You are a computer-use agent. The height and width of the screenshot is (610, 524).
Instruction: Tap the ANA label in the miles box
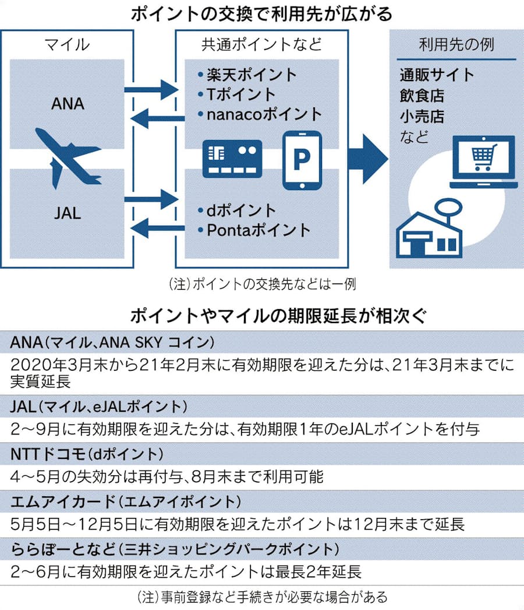(x=68, y=104)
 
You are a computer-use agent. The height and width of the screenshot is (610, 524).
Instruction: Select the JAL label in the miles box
(x=67, y=212)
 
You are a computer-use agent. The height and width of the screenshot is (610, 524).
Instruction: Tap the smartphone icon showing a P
(x=302, y=160)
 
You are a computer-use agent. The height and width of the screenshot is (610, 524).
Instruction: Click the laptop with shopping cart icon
(x=483, y=161)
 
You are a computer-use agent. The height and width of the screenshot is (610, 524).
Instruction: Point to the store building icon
(x=429, y=230)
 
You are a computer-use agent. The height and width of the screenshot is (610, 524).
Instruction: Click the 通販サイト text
(x=437, y=75)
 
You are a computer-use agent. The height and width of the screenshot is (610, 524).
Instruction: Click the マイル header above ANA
(x=67, y=44)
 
